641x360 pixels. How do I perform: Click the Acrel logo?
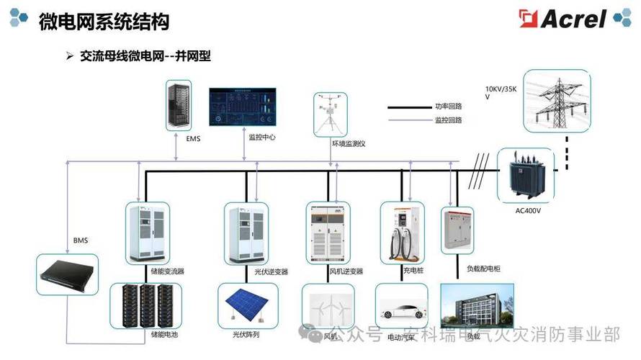[x=570, y=18]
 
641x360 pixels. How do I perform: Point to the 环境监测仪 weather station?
[x=330, y=114]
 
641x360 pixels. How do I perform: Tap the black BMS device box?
[x=68, y=274]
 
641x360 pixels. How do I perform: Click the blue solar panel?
[x=245, y=305]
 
